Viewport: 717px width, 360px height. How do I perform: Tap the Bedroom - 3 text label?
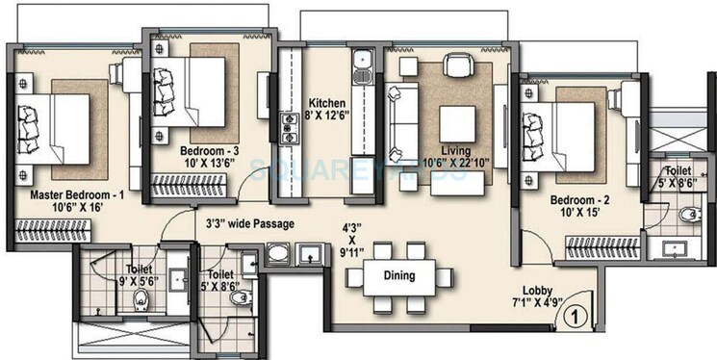[210, 151]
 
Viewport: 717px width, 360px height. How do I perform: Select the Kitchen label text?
[327, 103]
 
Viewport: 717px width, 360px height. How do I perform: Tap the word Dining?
[398, 276]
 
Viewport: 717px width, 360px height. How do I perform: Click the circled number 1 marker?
[574, 314]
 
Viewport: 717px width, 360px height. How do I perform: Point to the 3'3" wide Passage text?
[249, 224]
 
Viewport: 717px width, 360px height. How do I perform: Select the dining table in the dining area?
[398, 276]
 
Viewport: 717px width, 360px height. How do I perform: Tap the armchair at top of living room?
[455, 65]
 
